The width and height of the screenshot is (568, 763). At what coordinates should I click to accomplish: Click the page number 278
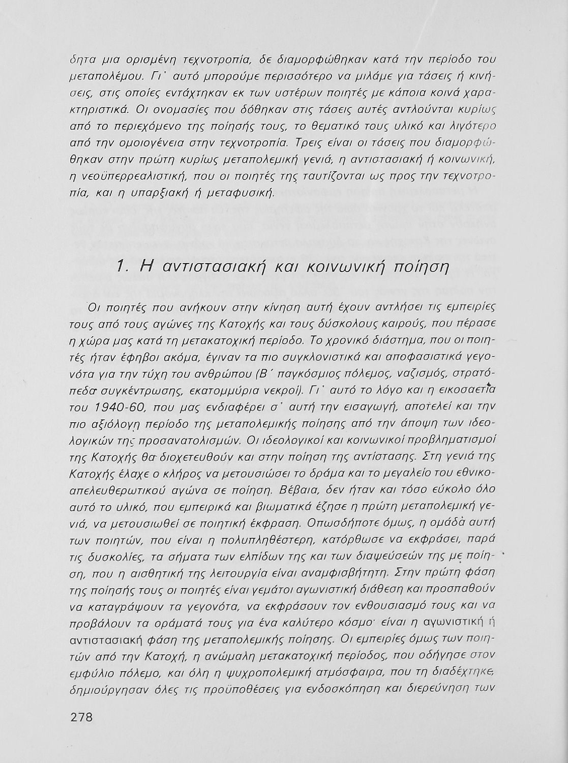coord(82,718)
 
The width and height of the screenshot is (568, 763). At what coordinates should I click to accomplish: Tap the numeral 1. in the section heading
coord(122,267)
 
